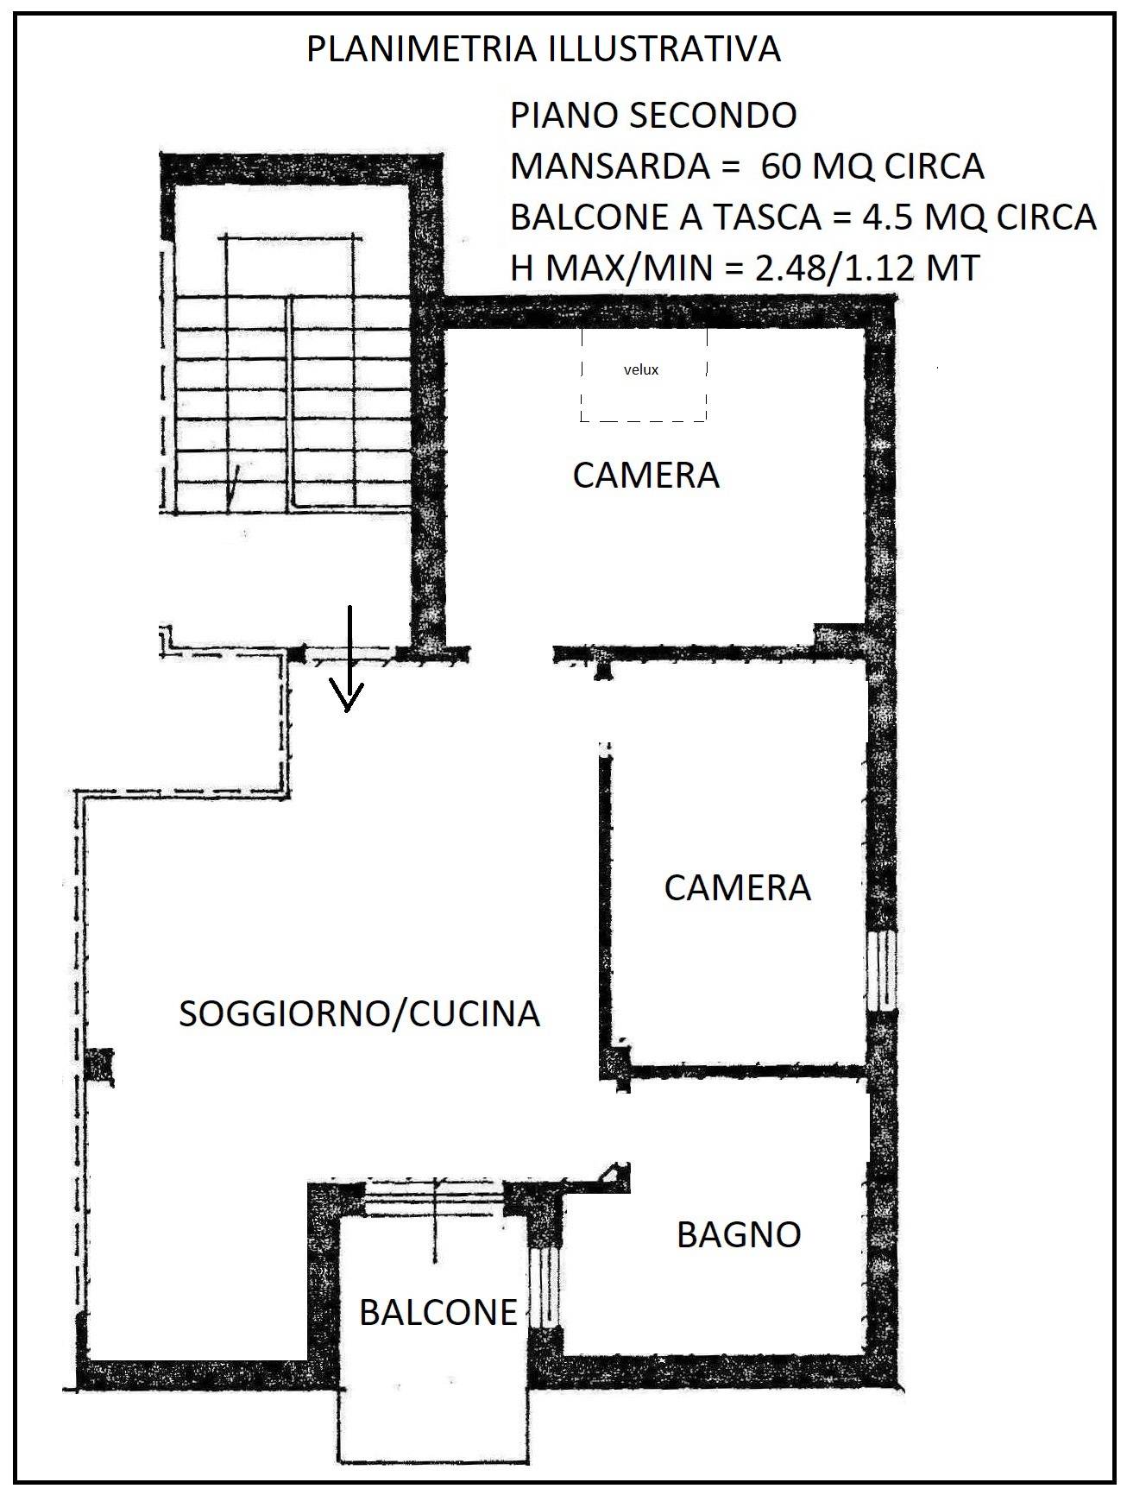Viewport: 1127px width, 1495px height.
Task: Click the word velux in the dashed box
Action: (x=640, y=369)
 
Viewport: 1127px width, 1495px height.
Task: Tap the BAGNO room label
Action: (x=739, y=1234)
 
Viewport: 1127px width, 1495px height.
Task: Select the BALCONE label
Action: (x=438, y=1313)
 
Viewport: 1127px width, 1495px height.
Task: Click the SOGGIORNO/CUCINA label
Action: (x=359, y=1013)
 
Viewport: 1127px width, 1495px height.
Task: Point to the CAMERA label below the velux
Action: (x=645, y=476)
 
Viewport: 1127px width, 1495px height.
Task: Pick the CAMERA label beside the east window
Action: (x=737, y=888)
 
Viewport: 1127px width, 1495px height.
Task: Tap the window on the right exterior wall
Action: (x=882, y=970)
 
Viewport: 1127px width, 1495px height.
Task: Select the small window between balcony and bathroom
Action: (x=545, y=1287)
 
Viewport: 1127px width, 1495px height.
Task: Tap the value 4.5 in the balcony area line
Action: (x=889, y=217)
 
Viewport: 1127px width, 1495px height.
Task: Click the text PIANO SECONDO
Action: (x=653, y=116)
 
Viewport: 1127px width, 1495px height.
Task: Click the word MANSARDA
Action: (x=610, y=166)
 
